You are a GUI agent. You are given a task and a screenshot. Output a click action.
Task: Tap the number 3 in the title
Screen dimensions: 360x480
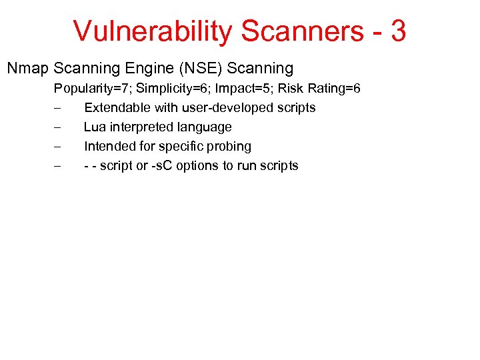398,31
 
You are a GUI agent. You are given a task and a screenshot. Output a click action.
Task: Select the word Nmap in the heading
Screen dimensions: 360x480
27,69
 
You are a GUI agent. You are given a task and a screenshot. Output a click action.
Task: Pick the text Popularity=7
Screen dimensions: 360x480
93,88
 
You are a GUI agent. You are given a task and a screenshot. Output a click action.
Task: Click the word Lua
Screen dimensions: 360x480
94,127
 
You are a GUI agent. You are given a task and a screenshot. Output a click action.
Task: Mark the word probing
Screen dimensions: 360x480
229,146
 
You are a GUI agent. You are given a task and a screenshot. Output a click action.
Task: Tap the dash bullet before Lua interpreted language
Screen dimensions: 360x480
57,127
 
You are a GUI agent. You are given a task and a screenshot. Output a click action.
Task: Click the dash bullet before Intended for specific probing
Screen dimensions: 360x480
57,146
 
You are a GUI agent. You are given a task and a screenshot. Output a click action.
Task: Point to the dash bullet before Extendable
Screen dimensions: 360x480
57,107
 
